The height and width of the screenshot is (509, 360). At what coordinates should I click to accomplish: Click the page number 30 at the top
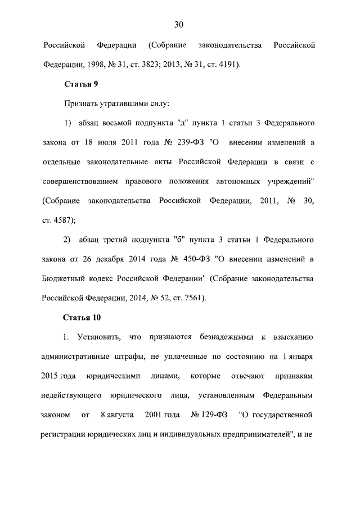[179, 24]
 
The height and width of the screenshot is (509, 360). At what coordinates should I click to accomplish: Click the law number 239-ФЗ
[187, 142]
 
